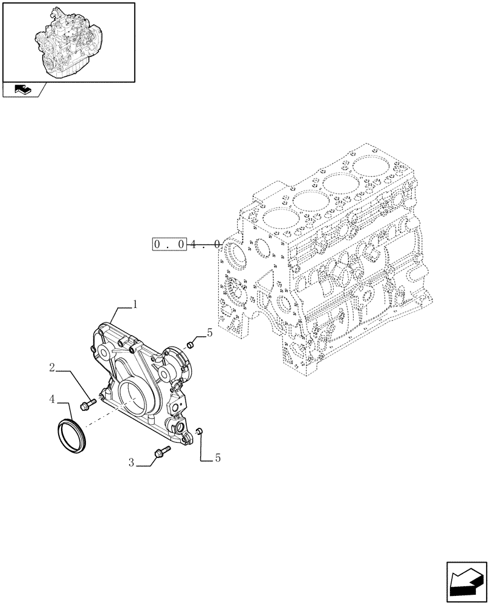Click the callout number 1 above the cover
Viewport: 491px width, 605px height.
(136, 304)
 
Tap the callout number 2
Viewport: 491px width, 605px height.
(53, 367)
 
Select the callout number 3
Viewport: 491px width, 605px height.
(131, 463)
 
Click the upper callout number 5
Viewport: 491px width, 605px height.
(209, 332)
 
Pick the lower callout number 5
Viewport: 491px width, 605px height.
(217, 458)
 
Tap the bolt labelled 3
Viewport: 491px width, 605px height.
(161, 451)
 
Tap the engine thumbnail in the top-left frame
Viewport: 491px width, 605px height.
(68, 41)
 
